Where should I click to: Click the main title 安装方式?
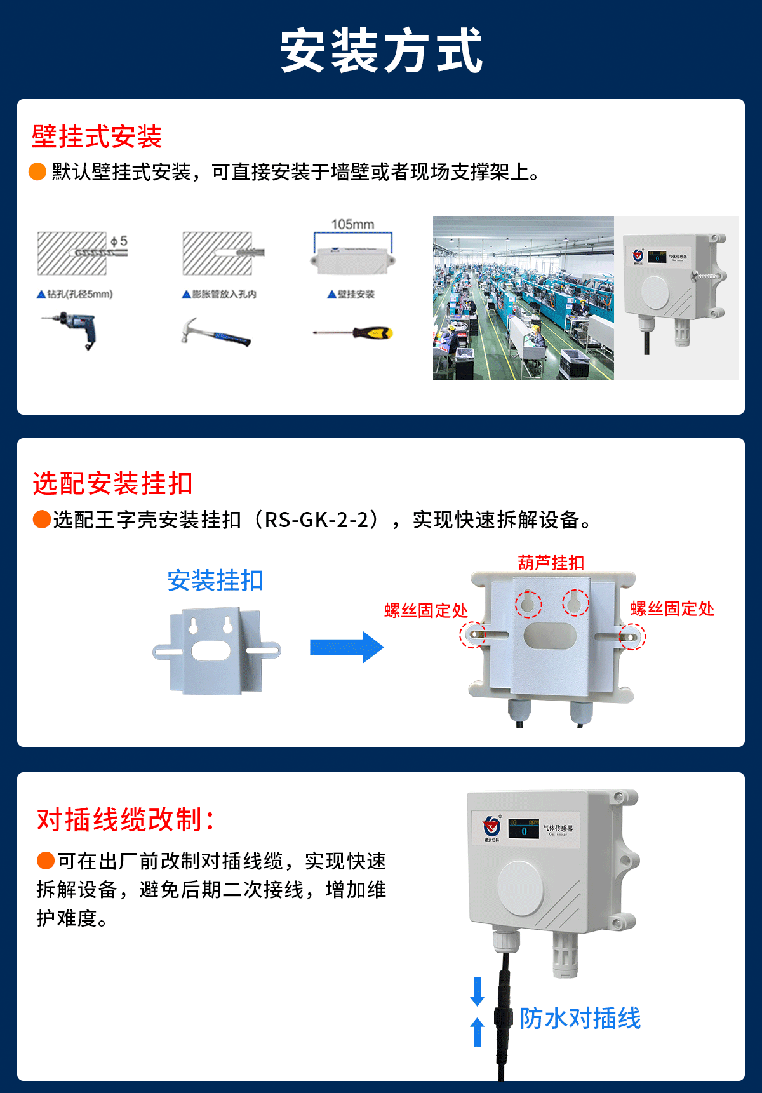click(x=381, y=51)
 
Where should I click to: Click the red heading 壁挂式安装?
click(x=97, y=137)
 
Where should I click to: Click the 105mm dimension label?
click(x=352, y=224)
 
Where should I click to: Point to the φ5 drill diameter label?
click(x=119, y=241)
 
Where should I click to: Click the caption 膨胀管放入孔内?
click(x=220, y=294)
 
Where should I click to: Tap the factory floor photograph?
click(x=523, y=298)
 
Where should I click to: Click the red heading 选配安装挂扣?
click(x=112, y=483)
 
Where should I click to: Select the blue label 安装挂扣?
click(x=215, y=580)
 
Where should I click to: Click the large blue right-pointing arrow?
click(x=346, y=647)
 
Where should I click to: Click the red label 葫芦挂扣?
click(x=551, y=563)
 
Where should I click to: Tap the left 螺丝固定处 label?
click(x=425, y=611)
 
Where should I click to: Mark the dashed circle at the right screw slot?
click(x=632, y=636)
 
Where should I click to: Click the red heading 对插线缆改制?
click(x=125, y=820)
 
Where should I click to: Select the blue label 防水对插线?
click(x=580, y=1018)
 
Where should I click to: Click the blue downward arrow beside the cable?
click(x=477, y=991)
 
